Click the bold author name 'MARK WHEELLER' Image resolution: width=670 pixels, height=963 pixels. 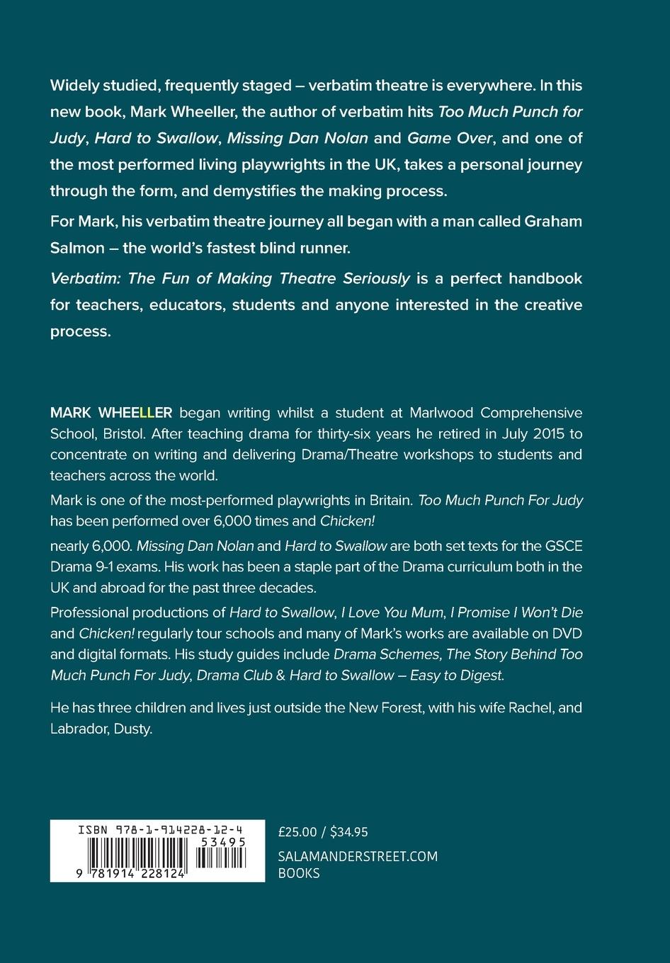(x=111, y=413)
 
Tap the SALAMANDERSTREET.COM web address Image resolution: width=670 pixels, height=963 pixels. (x=358, y=857)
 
